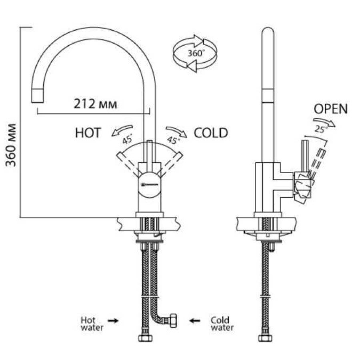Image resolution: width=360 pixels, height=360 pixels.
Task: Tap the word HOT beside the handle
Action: (x=88, y=133)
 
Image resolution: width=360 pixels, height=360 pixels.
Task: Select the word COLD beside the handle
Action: (x=211, y=133)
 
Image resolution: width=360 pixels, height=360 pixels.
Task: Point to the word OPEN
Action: (x=330, y=109)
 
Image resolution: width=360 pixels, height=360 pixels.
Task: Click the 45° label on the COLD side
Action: (x=173, y=140)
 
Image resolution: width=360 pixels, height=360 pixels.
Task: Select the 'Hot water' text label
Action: (x=90, y=324)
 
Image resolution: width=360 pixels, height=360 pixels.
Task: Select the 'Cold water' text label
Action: (x=222, y=324)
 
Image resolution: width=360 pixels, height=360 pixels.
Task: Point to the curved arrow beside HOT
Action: (x=122, y=130)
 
